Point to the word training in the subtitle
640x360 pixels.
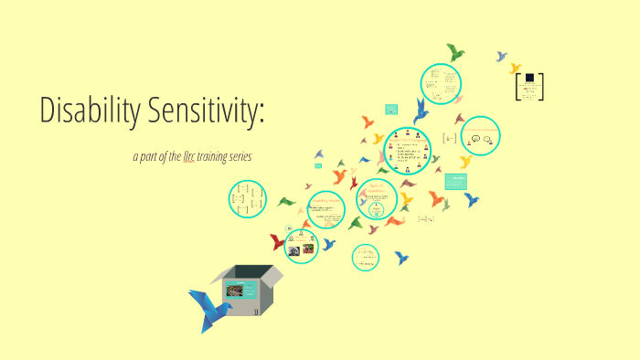(216, 157)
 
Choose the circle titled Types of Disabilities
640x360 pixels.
(377, 199)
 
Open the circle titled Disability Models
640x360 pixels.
(328, 209)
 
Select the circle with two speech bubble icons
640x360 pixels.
(479, 137)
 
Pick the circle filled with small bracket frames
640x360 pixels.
(246, 198)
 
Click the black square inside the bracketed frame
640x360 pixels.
(529, 79)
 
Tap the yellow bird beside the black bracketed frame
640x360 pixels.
(515, 68)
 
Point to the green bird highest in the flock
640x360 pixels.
(454, 51)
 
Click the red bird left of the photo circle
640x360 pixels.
(276, 242)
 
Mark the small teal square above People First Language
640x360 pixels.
(391, 109)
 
